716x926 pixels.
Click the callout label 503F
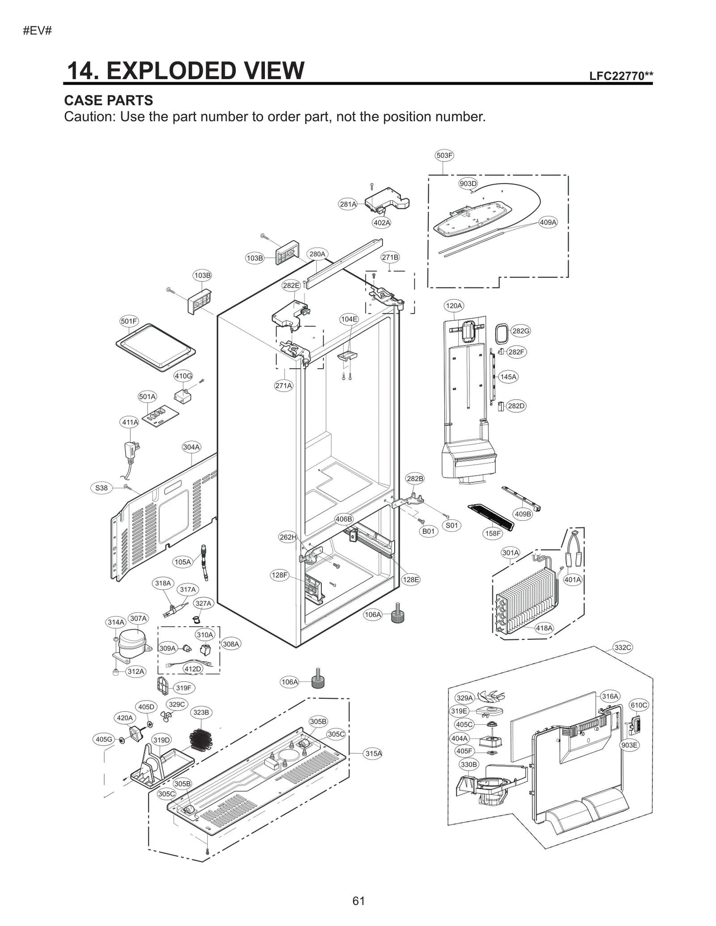pos(444,156)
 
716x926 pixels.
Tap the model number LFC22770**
pos(621,76)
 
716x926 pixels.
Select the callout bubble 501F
pos(129,321)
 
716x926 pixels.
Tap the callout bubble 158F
pos(493,533)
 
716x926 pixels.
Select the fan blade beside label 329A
pos(490,696)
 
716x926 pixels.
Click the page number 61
pos(358,901)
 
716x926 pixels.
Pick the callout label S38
pos(102,488)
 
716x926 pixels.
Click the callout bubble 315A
pos(373,753)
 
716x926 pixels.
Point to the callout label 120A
pos(453,306)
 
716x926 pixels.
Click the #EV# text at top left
pos(38,31)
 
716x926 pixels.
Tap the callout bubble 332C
pos(622,647)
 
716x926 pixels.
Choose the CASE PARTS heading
pos(108,100)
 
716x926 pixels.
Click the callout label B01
pos(428,531)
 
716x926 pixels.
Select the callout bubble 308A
pos(231,644)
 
